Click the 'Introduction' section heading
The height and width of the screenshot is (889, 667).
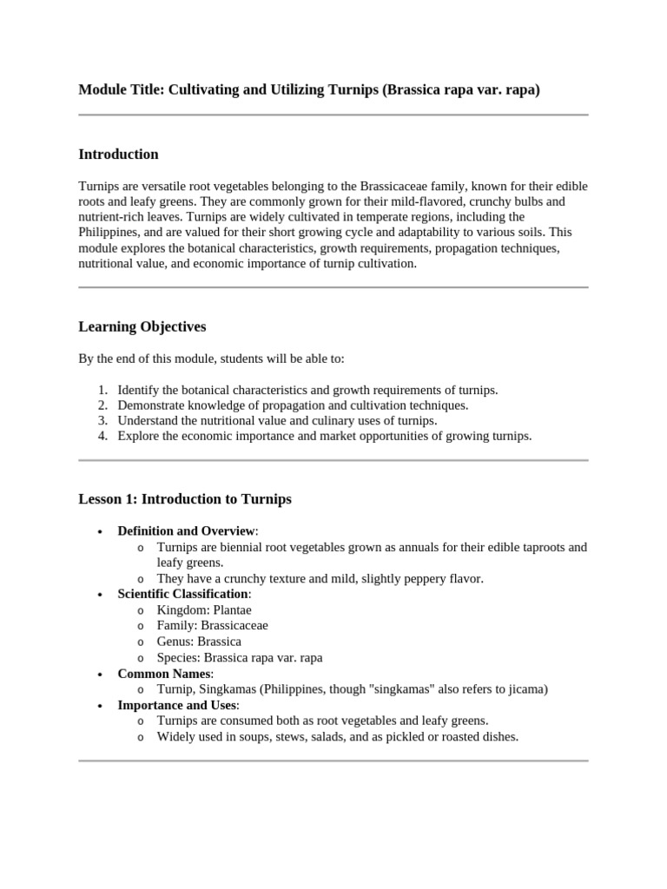pyautogui.click(x=118, y=155)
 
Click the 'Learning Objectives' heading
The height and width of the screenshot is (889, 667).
pyautogui.click(x=142, y=327)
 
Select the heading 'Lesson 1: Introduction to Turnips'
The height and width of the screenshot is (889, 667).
pyautogui.click(x=185, y=499)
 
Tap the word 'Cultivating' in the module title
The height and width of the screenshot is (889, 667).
pyautogui.click(x=208, y=89)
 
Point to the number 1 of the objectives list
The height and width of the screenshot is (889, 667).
pyautogui.click(x=102, y=390)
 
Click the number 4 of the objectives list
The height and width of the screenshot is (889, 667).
pyautogui.click(x=102, y=436)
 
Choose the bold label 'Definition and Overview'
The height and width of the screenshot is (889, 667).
pyautogui.click(x=186, y=530)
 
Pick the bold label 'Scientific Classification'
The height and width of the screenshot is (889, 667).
pyautogui.click(x=182, y=594)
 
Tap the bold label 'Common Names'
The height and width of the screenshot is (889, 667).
pyautogui.click(x=164, y=674)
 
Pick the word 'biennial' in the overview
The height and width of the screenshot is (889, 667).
pyautogui.click(x=246, y=547)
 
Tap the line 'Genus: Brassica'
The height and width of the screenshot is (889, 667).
pyautogui.click(x=199, y=642)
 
